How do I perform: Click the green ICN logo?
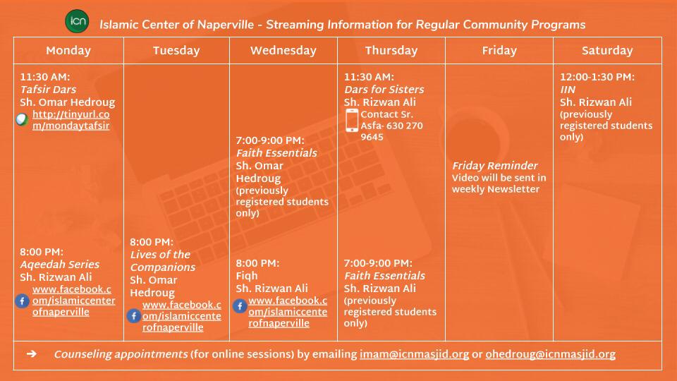click(x=77, y=21)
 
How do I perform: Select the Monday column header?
click(x=68, y=51)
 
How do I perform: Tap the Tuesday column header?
click(x=176, y=51)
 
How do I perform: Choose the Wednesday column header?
click(x=283, y=51)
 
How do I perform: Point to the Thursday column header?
click(x=391, y=51)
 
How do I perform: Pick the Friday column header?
click(x=499, y=51)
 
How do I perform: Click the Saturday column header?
click(x=607, y=51)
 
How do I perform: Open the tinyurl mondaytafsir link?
click(x=71, y=120)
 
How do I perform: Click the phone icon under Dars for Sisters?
click(x=352, y=120)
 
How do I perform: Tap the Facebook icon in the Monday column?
click(x=22, y=301)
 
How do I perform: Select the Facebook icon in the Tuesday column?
click(x=134, y=316)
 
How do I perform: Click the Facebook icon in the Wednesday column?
click(x=240, y=306)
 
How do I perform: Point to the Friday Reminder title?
click(x=494, y=166)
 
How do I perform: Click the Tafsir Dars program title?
click(x=48, y=90)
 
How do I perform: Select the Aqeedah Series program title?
click(x=59, y=265)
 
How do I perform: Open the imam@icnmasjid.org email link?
click(x=414, y=354)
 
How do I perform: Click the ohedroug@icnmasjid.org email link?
click(x=551, y=354)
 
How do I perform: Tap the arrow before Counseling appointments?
click(x=32, y=353)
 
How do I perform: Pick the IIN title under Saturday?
click(x=567, y=90)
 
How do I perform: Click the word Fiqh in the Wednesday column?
click(x=247, y=276)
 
